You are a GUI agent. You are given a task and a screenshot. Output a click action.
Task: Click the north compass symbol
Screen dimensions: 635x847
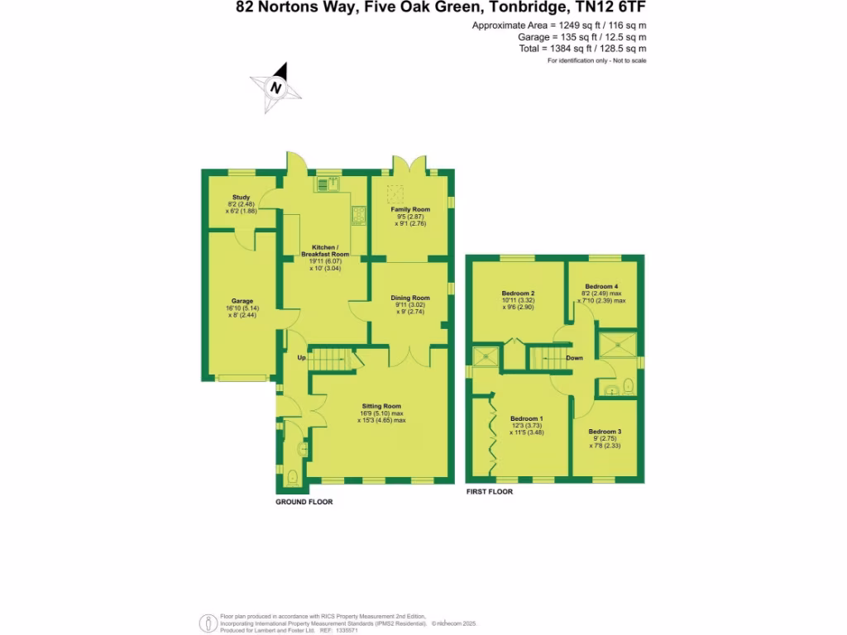pos(276,87)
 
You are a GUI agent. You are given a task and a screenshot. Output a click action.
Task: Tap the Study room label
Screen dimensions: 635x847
pos(241,198)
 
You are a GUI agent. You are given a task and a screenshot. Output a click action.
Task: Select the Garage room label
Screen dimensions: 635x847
pos(242,301)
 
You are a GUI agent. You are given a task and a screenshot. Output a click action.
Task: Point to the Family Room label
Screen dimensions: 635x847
pos(410,210)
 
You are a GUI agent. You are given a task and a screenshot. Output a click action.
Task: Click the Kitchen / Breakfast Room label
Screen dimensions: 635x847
pos(325,254)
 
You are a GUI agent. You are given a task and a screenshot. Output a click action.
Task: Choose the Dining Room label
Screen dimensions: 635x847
pos(410,298)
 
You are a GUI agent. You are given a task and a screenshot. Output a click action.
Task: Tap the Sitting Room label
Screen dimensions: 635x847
pos(381,406)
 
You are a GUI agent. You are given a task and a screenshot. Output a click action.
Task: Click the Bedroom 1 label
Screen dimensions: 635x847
pos(527,418)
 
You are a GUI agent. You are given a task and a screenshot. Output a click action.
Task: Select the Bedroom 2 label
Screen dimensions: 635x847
pos(519,293)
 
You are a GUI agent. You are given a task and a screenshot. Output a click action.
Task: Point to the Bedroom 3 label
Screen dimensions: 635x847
pos(605,432)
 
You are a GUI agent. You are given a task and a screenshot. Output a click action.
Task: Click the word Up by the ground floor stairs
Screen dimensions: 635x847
pos(302,358)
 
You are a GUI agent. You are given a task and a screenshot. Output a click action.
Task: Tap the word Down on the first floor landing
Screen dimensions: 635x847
pos(575,358)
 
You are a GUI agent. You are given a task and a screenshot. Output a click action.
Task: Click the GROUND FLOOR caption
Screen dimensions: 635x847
pos(304,502)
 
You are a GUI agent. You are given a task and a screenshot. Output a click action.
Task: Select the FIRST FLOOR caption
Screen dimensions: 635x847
pos(489,491)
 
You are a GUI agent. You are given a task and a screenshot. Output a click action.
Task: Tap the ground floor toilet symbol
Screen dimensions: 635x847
pos(294,478)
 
